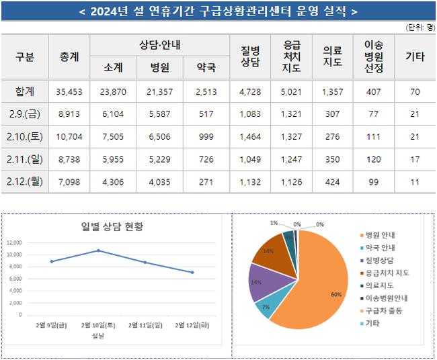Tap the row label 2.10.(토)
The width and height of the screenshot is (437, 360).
click(x=25, y=136)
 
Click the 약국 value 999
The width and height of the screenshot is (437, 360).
click(x=206, y=136)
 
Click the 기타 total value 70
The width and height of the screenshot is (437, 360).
click(x=414, y=91)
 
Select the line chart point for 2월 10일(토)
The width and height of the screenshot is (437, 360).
click(x=98, y=251)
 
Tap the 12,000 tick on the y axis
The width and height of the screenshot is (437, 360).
click(x=14, y=242)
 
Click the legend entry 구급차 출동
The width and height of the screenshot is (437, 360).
click(x=383, y=311)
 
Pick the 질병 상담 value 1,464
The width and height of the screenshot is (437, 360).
click(x=249, y=136)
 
